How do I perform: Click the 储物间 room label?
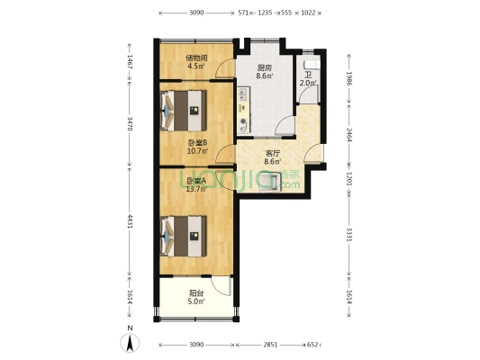(x=196, y=58)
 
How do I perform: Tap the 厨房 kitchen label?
(x=265, y=67)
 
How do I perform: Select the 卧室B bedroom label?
(x=197, y=142)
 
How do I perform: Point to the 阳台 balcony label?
(x=196, y=293)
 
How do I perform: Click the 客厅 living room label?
(x=273, y=153)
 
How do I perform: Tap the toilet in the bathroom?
(x=312, y=65)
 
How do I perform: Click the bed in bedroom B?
(x=184, y=111)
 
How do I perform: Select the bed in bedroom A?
(x=184, y=236)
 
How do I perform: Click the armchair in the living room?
(x=270, y=182)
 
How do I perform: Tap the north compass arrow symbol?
(x=130, y=343)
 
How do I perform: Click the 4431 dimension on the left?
(x=130, y=221)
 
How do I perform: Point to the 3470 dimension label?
(x=130, y=123)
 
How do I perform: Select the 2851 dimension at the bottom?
(x=270, y=345)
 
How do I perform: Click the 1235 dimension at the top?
(x=265, y=13)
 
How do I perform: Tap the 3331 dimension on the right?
(x=349, y=234)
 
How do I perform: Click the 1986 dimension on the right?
(x=349, y=78)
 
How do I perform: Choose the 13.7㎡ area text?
(x=196, y=189)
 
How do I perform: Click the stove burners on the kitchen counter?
(x=243, y=94)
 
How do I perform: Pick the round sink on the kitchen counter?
(x=243, y=121)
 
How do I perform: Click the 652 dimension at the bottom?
(x=312, y=345)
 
